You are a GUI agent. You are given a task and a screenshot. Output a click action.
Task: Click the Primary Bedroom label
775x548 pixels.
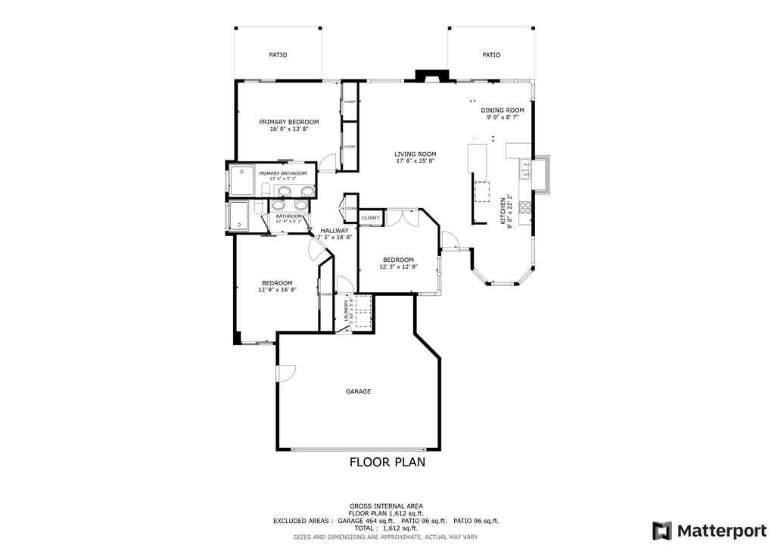click(288, 122)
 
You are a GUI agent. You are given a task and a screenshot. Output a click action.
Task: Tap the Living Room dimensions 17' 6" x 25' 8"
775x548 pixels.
click(416, 161)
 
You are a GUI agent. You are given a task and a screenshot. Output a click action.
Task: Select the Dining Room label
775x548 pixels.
click(502, 111)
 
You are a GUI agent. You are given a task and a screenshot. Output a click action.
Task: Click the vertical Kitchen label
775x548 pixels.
click(503, 210)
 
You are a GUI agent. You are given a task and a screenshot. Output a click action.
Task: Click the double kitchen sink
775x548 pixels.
click(524, 170)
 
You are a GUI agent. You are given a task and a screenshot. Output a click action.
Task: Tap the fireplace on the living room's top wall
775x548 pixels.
click(431, 76)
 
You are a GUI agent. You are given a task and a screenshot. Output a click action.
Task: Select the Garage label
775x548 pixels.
click(358, 391)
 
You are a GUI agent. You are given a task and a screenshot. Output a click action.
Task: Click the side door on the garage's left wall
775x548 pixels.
click(285, 374)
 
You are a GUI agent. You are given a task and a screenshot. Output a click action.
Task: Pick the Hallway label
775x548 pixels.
click(334, 231)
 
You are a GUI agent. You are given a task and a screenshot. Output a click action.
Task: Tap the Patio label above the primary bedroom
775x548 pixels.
click(278, 54)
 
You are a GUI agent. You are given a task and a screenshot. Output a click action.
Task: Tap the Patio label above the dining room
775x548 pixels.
click(491, 54)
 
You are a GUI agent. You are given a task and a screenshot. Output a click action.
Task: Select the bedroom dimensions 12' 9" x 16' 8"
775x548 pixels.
click(277, 290)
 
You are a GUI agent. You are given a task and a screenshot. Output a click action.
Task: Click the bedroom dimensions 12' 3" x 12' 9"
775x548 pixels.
click(397, 266)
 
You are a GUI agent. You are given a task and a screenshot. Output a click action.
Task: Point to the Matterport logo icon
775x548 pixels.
click(661, 530)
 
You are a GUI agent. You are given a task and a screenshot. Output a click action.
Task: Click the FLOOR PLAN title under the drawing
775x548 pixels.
click(387, 462)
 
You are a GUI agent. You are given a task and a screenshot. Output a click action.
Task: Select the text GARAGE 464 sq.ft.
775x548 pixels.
click(365, 521)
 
